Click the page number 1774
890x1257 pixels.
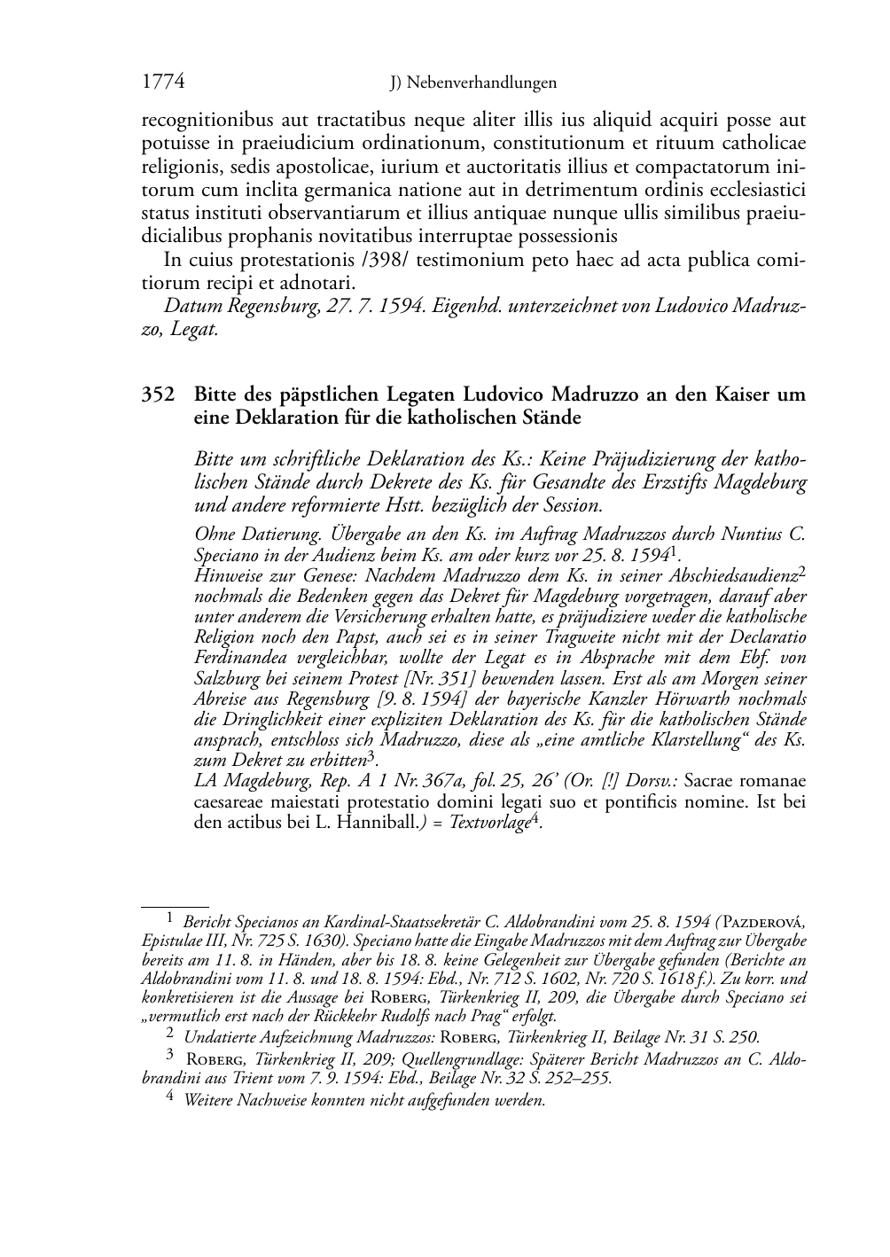(163, 82)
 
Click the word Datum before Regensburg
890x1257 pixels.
(192, 307)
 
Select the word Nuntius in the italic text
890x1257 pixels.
(753, 535)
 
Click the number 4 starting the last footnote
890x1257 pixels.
(170, 1099)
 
